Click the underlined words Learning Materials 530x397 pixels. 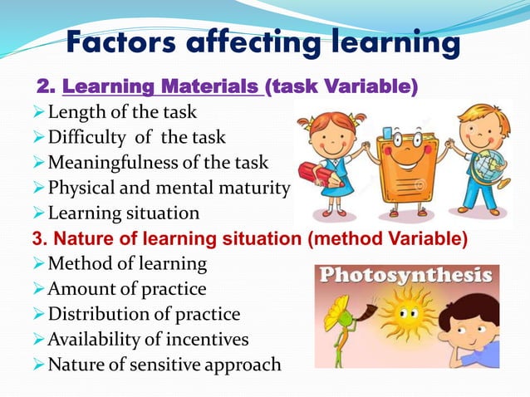point(164,86)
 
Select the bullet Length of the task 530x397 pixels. point(122,111)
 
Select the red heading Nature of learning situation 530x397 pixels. point(166,239)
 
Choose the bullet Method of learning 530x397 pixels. point(127,264)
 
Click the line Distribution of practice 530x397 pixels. point(144,314)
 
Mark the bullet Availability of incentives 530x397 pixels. point(148,339)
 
